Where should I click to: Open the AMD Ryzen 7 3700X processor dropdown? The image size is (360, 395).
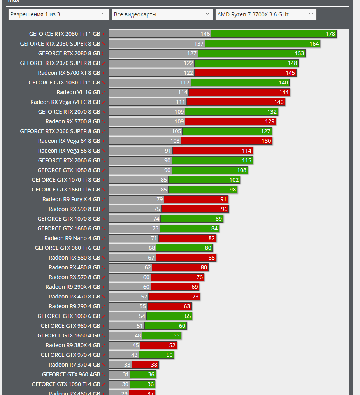(x=265, y=14)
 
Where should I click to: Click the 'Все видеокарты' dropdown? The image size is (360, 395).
(x=162, y=14)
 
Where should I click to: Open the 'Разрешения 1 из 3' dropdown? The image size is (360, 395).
(x=58, y=14)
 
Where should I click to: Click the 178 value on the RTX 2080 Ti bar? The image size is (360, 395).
(x=330, y=34)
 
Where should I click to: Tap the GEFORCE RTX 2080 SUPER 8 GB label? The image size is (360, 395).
(x=60, y=44)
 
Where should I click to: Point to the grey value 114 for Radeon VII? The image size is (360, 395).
(x=183, y=92)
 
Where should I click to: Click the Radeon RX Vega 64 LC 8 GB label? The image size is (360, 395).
(x=65, y=102)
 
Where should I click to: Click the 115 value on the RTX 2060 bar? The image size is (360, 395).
(x=247, y=160)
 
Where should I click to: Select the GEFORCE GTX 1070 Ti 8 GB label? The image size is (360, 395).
(x=66, y=180)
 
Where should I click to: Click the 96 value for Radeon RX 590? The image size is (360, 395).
(x=224, y=209)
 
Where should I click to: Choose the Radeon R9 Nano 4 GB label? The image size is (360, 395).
(x=72, y=238)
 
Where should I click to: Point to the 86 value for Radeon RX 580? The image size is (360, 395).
(x=212, y=258)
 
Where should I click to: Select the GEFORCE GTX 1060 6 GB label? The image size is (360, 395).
(x=68, y=316)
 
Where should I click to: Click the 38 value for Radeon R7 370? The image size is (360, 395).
(x=154, y=365)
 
